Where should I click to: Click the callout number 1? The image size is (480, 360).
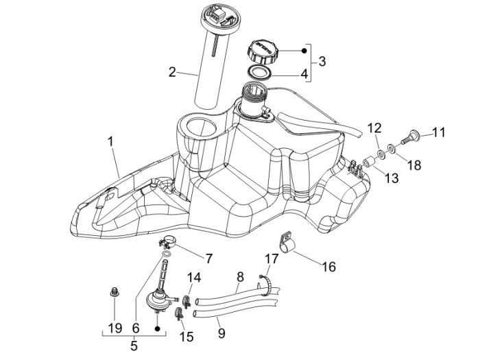click(110, 142)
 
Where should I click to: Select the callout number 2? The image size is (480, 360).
click(173, 71)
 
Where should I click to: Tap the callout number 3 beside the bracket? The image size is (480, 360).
click(322, 60)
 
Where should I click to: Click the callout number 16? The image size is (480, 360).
click(328, 265)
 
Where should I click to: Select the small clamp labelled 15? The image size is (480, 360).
click(179, 314)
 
